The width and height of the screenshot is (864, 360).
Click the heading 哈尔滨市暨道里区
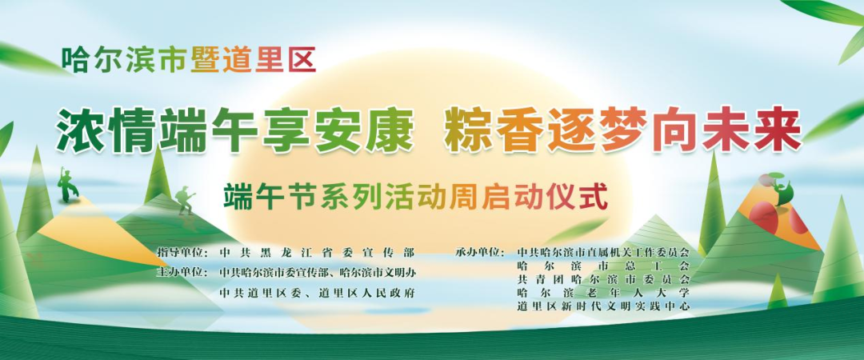point(189,59)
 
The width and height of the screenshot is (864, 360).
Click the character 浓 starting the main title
point(81,130)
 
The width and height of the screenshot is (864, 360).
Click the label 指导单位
point(182,253)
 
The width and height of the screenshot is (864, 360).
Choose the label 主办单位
point(182,272)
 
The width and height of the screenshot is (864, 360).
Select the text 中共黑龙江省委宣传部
point(317,253)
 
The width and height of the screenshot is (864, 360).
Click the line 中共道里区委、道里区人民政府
point(317,292)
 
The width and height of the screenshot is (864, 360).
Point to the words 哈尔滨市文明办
point(378,272)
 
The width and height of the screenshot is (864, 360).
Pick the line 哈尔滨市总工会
point(603,266)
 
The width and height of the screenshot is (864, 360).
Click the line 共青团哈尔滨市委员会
point(603,279)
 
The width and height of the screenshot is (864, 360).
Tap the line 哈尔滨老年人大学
point(603,292)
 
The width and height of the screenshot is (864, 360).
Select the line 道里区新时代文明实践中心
point(603,306)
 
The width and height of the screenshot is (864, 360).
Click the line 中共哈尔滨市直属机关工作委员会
point(603,253)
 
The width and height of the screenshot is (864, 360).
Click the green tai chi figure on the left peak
point(68,185)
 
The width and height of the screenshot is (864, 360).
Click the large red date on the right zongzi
point(764,216)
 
